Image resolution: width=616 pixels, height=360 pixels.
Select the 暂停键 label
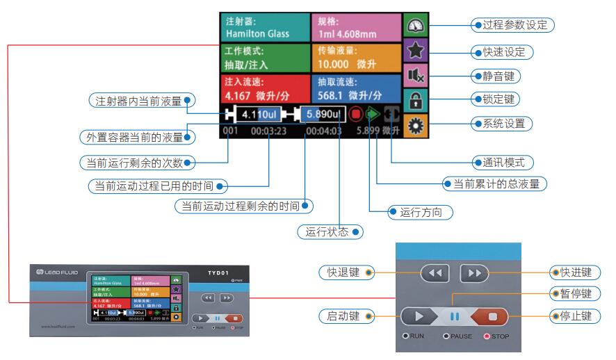coord(561,293)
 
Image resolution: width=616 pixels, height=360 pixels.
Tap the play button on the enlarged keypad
coord(422,316)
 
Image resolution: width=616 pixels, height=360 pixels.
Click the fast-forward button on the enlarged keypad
coord(474,272)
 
